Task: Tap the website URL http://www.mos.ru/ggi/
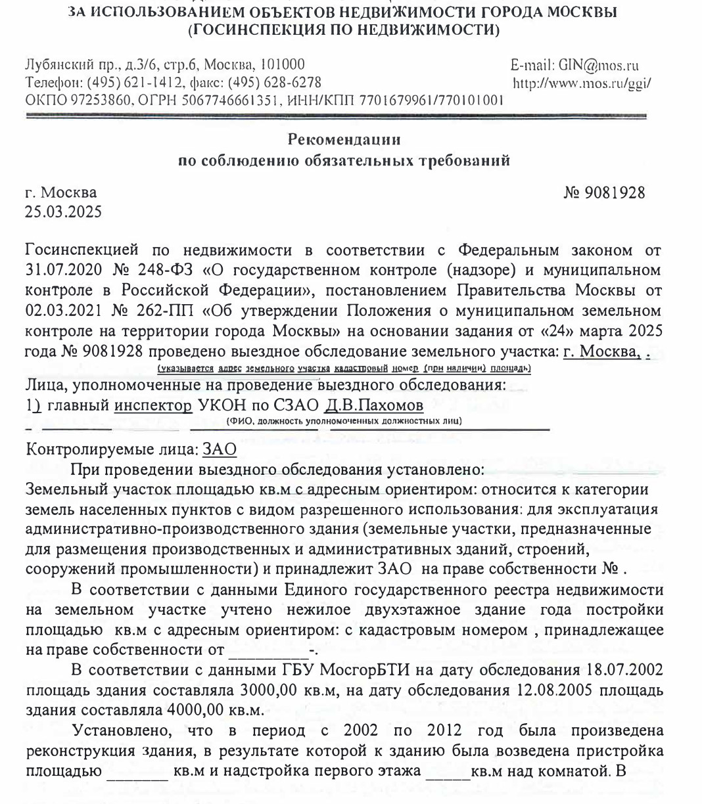pyautogui.click(x=582, y=83)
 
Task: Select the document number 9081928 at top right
pyautogui.click(x=615, y=193)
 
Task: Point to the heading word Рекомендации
pyautogui.click(x=344, y=139)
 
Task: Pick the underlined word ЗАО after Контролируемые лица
pyautogui.click(x=220, y=450)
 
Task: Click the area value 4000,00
pyautogui.click(x=199, y=711)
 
